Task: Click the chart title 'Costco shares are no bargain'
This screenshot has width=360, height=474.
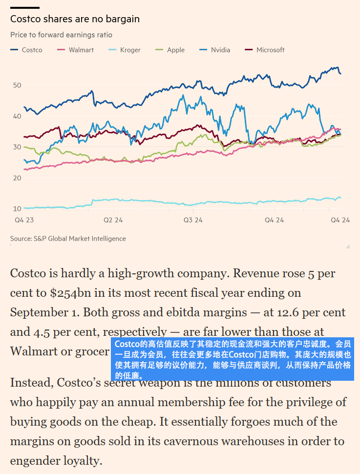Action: point(75,20)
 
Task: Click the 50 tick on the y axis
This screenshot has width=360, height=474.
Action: point(17,85)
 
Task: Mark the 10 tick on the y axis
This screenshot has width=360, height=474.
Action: point(17,209)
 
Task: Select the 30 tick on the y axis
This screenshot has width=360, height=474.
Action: point(17,147)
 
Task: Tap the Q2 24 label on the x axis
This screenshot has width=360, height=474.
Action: point(113,220)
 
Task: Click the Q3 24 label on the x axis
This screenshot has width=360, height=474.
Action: point(193,220)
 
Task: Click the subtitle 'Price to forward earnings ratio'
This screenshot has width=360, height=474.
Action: point(61,35)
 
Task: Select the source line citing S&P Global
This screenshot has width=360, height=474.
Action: point(68,239)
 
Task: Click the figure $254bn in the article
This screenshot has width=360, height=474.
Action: point(71,293)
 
